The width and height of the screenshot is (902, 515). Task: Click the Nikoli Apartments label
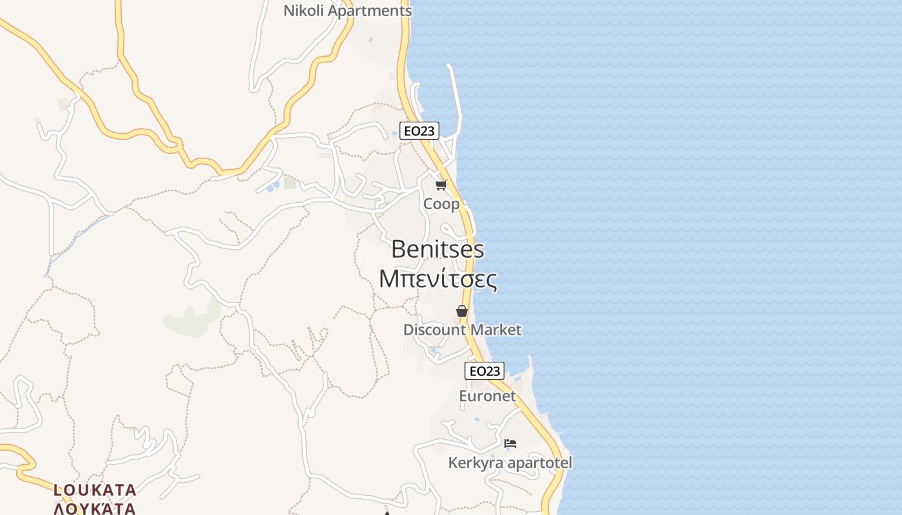347,11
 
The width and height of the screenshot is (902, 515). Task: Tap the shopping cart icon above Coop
441,185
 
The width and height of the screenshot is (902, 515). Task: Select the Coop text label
441,204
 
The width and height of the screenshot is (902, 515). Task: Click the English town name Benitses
437,249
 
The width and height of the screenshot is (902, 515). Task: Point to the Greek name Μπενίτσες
437,279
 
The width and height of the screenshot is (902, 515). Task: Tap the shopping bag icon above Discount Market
462,311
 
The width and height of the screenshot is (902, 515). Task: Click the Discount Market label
462,330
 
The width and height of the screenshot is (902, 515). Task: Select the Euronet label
487,396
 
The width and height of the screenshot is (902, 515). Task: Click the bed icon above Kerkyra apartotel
510,444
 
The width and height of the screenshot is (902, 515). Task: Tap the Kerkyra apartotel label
510,463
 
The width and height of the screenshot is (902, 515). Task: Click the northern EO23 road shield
419,131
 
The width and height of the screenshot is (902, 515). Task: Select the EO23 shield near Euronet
484,371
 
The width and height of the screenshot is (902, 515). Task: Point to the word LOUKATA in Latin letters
95,491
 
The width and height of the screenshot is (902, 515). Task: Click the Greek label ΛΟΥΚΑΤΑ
95,509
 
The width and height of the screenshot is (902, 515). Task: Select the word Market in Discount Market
495,330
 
